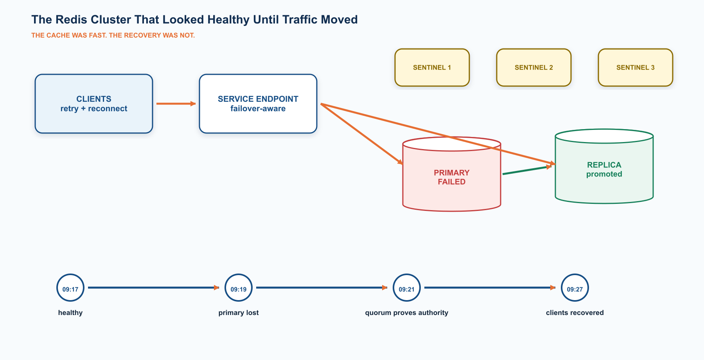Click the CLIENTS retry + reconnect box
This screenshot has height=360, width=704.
point(94,104)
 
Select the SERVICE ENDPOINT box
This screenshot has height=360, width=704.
point(258,104)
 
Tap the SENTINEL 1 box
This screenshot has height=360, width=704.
point(432,67)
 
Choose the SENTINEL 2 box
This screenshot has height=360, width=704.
point(534,67)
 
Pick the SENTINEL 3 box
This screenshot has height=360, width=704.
point(636,67)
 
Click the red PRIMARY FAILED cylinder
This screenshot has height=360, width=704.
point(452,174)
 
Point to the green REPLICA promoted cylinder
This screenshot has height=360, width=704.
point(604,166)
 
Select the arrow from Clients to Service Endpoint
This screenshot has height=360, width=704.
point(176,104)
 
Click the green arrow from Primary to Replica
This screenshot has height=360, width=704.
point(527,170)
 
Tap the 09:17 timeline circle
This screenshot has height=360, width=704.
point(70,288)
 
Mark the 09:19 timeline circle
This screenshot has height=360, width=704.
point(239,288)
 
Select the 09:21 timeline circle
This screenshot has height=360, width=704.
point(407,288)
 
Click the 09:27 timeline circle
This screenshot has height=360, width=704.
point(575,288)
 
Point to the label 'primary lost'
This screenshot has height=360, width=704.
point(239,313)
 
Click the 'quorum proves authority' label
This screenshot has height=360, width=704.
point(407,313)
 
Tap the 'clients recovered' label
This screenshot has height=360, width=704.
point(575,313)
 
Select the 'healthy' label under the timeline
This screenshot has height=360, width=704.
point(70,313)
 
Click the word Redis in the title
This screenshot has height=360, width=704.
point(69,20)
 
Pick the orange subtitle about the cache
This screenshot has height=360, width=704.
point(113,35)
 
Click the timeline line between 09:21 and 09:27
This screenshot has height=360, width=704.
point(490,288)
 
